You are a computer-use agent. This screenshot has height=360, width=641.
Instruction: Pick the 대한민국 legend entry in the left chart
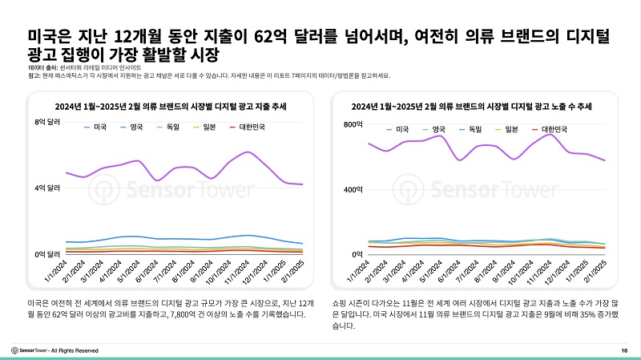pos(247,127)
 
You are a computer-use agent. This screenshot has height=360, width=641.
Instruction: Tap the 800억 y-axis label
pos(353,124)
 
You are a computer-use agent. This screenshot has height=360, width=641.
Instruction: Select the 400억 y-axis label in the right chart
pos(353,189)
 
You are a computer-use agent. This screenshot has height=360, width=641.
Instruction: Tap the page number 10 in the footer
pos(624,350)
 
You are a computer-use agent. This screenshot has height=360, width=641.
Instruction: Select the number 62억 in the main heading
pos(270,36)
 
